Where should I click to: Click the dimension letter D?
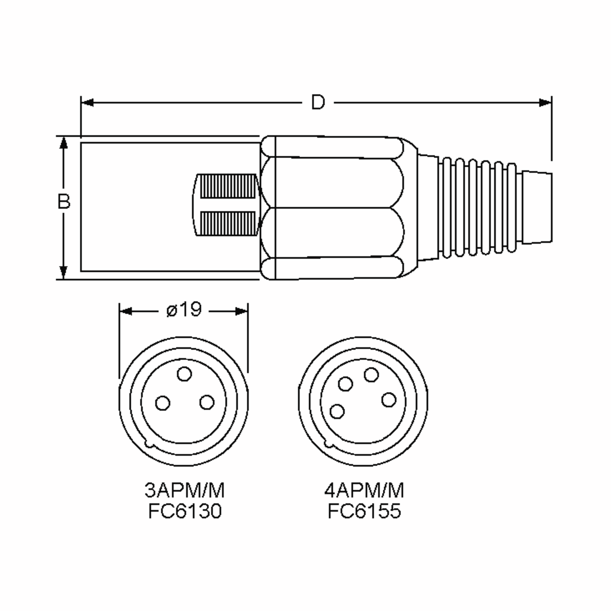[317, 102]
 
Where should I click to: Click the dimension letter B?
[64, 202]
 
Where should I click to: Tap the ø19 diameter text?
[184, 310]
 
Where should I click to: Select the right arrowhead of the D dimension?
[545, 102]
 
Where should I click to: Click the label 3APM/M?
[184, 491]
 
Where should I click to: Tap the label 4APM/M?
[364, 491]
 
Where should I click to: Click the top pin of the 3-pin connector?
[184, 374]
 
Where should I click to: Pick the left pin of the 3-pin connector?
[163, 403]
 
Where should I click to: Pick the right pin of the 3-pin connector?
[207, 402]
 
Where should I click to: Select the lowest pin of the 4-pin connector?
[337, 411]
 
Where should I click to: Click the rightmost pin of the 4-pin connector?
[389, 400]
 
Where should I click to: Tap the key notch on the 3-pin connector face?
[149, 444]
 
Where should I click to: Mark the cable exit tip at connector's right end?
[537, 208]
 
